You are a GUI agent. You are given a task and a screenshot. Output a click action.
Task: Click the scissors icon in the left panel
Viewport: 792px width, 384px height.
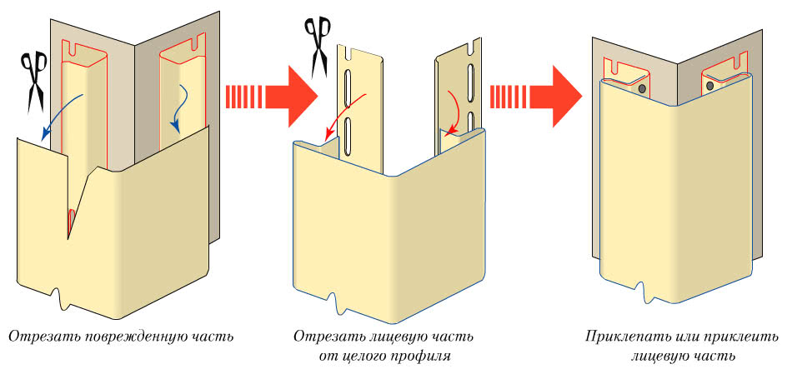(35, 82)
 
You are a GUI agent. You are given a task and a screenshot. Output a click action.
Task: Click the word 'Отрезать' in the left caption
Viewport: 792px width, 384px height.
(37, 337)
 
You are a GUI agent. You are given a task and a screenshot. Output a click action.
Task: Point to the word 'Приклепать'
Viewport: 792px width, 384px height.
(619, 337)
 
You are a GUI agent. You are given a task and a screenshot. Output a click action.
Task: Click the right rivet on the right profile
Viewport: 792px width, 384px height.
(709, 84)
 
